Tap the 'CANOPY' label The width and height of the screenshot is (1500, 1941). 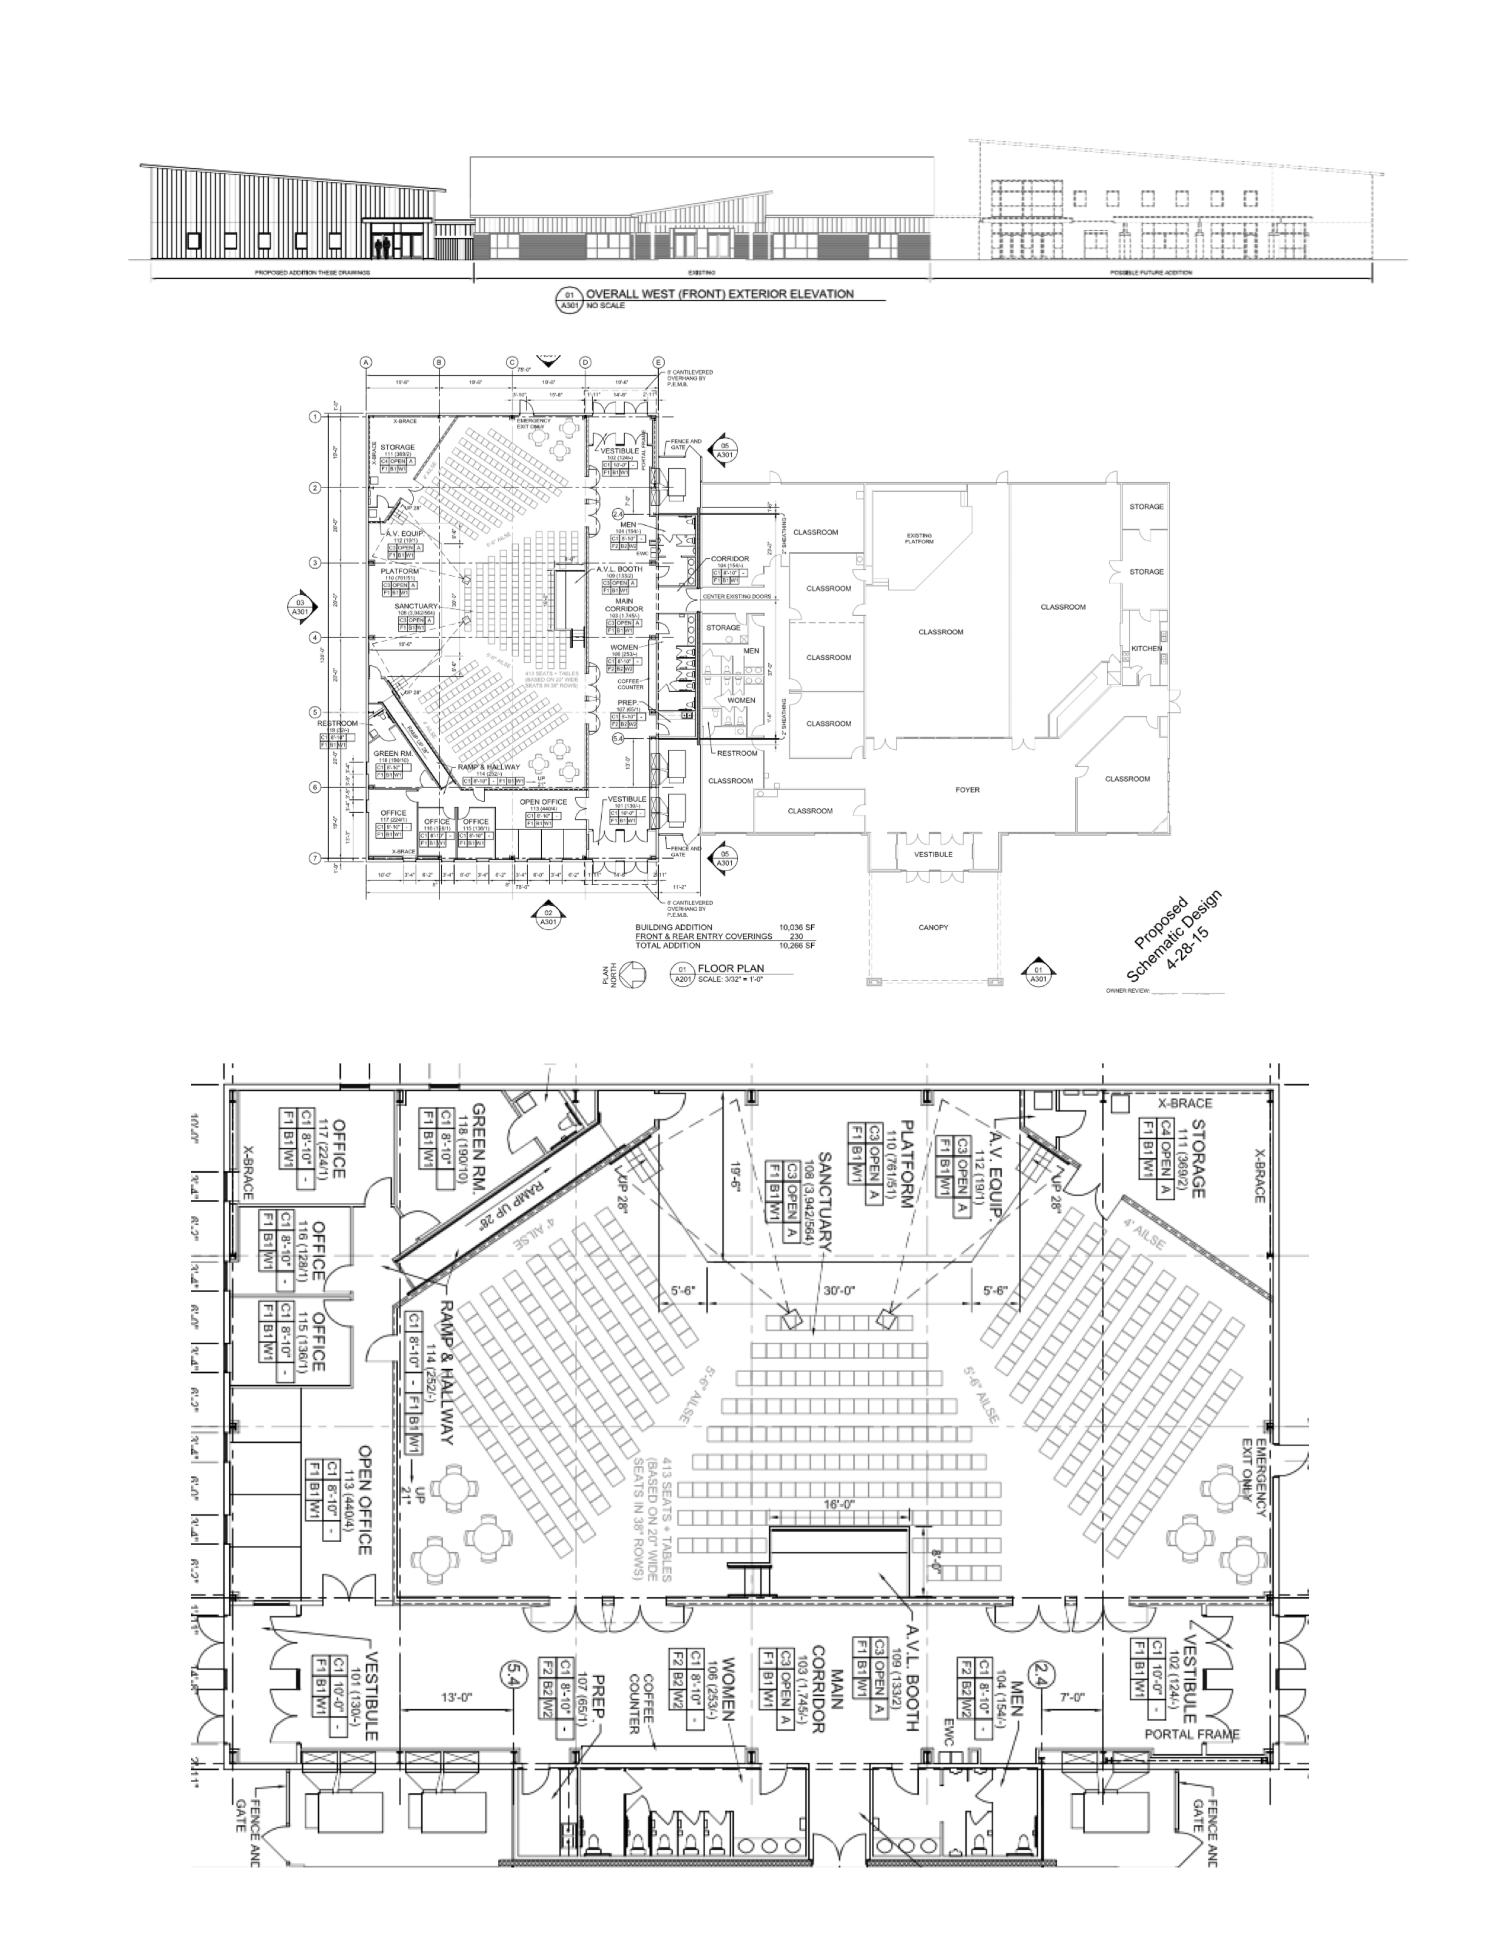coord(933,927)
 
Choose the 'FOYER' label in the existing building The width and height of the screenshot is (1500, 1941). coord(967,789)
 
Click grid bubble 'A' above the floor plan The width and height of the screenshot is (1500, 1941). coord(365,362)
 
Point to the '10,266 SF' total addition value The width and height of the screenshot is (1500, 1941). coord(796,946)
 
